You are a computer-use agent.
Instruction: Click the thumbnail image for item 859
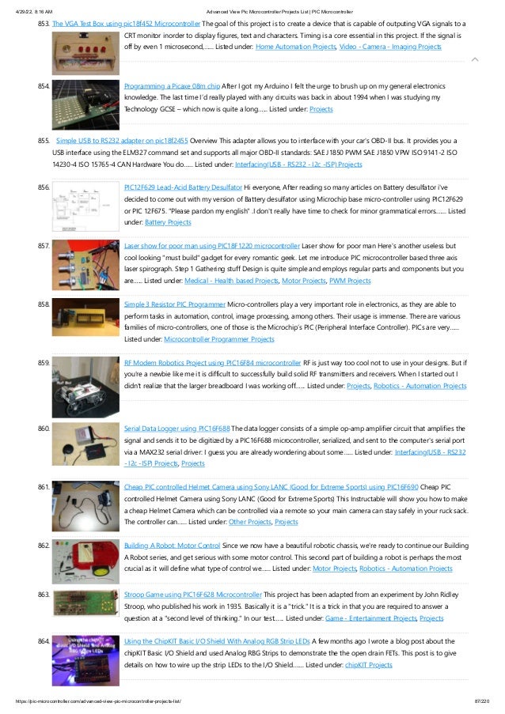85,386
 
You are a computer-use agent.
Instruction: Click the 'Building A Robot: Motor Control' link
173,545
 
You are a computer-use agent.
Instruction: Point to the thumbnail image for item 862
85,563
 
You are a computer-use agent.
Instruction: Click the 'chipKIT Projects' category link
369,665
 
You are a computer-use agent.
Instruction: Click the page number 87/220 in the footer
482,701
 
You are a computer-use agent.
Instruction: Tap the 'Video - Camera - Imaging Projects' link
390,48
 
